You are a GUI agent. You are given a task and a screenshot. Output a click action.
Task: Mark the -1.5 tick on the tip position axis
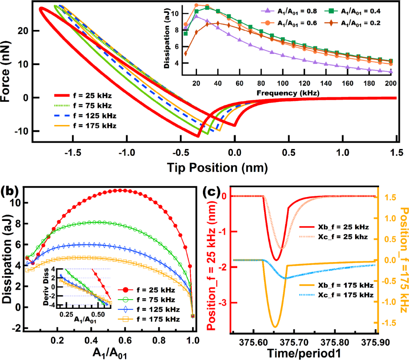pos(72,153)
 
